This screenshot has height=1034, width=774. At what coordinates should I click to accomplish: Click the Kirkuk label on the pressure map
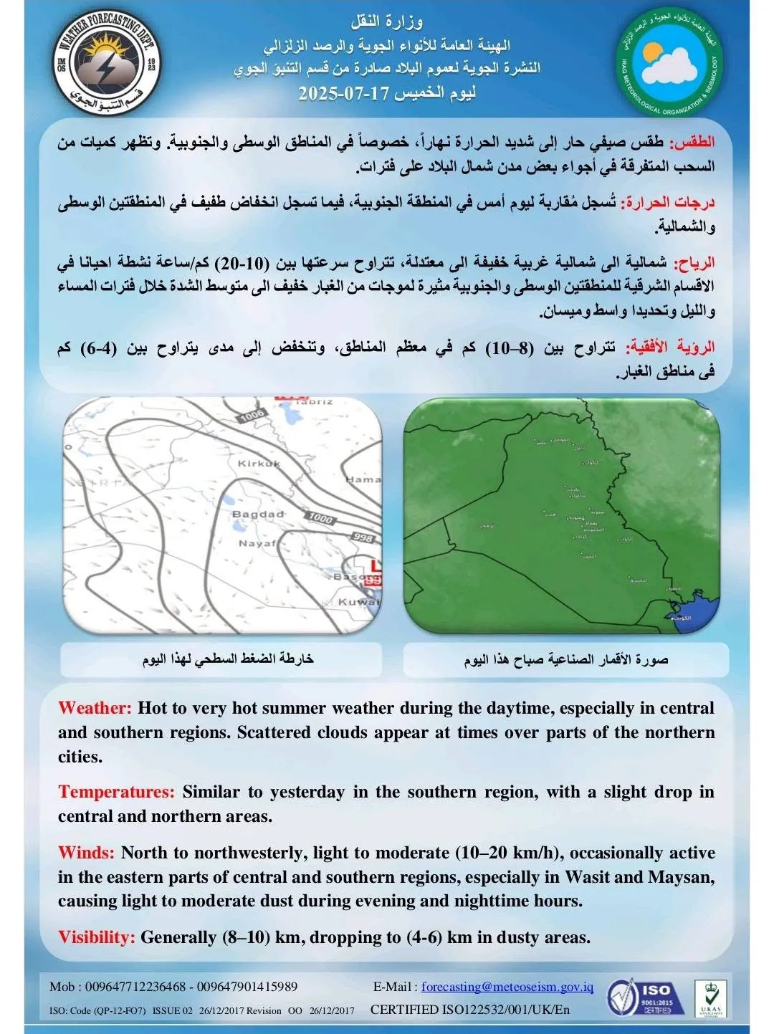[259, 464]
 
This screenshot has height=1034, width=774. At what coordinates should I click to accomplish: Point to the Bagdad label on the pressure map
[257, 514]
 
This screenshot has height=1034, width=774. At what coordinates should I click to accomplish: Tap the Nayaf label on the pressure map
[257, 543]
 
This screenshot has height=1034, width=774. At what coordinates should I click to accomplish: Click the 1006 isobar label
[252, 414]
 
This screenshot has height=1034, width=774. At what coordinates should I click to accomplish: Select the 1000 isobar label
[320, 517]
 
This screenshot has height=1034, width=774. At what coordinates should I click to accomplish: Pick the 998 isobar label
[363, 537]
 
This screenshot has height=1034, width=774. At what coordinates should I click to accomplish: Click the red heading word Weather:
[95, 708]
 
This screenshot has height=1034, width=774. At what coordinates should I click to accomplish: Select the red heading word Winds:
[86, 853]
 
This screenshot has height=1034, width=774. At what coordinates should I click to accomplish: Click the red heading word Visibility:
[96, 937]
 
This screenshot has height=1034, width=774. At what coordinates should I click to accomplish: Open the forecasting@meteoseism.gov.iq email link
[507, 987]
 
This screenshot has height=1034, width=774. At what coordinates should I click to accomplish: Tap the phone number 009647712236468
[135, 987]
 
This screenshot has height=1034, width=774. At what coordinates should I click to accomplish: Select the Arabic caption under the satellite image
[565, 659]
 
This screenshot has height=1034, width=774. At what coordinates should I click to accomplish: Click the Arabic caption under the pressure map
[228, 659]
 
